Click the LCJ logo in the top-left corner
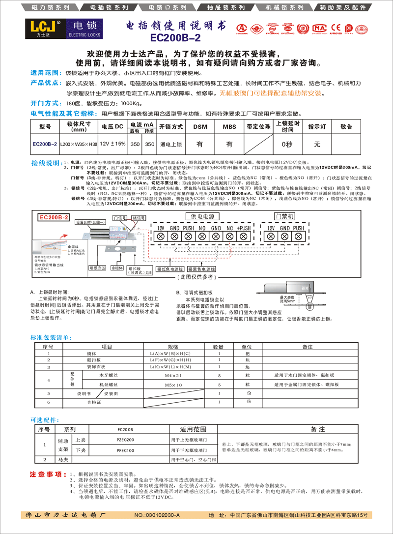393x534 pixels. [43, 29]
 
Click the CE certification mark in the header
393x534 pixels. [337, 27]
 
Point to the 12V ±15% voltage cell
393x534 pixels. [112, 144]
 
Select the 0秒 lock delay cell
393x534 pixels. [286, 145]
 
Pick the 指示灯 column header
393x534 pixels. [317, 126]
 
